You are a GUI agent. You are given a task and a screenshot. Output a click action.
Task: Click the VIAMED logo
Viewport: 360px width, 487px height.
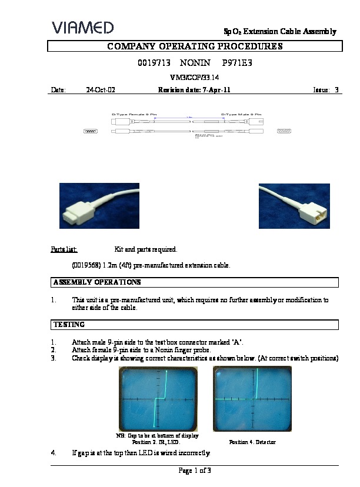coord(82,27)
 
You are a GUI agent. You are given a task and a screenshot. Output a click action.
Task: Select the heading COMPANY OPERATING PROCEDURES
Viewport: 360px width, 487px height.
coord(195,46)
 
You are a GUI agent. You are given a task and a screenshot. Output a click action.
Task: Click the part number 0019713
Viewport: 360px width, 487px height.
coord(152,62)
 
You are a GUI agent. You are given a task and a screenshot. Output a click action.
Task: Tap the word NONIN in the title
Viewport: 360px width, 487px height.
coord(195,62)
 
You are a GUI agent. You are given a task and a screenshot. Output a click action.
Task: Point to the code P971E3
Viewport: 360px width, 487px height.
coord(238,62)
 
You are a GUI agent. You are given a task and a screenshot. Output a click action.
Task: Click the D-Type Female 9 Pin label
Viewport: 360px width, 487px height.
coord(134,114)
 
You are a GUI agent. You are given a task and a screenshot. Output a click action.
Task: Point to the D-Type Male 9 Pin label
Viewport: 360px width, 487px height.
coord(241,114)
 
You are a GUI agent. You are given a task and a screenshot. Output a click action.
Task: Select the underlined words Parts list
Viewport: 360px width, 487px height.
coord(64,249)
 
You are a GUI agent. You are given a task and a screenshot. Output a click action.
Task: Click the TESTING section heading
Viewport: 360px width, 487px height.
coord(69,325)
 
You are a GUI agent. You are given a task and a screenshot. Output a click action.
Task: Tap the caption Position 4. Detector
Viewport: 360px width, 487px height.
coord(252,442)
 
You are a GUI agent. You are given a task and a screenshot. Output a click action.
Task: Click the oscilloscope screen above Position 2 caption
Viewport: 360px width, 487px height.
coord(158,399)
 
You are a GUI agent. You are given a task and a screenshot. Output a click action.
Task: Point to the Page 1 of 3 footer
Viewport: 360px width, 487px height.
coord(195,471)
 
